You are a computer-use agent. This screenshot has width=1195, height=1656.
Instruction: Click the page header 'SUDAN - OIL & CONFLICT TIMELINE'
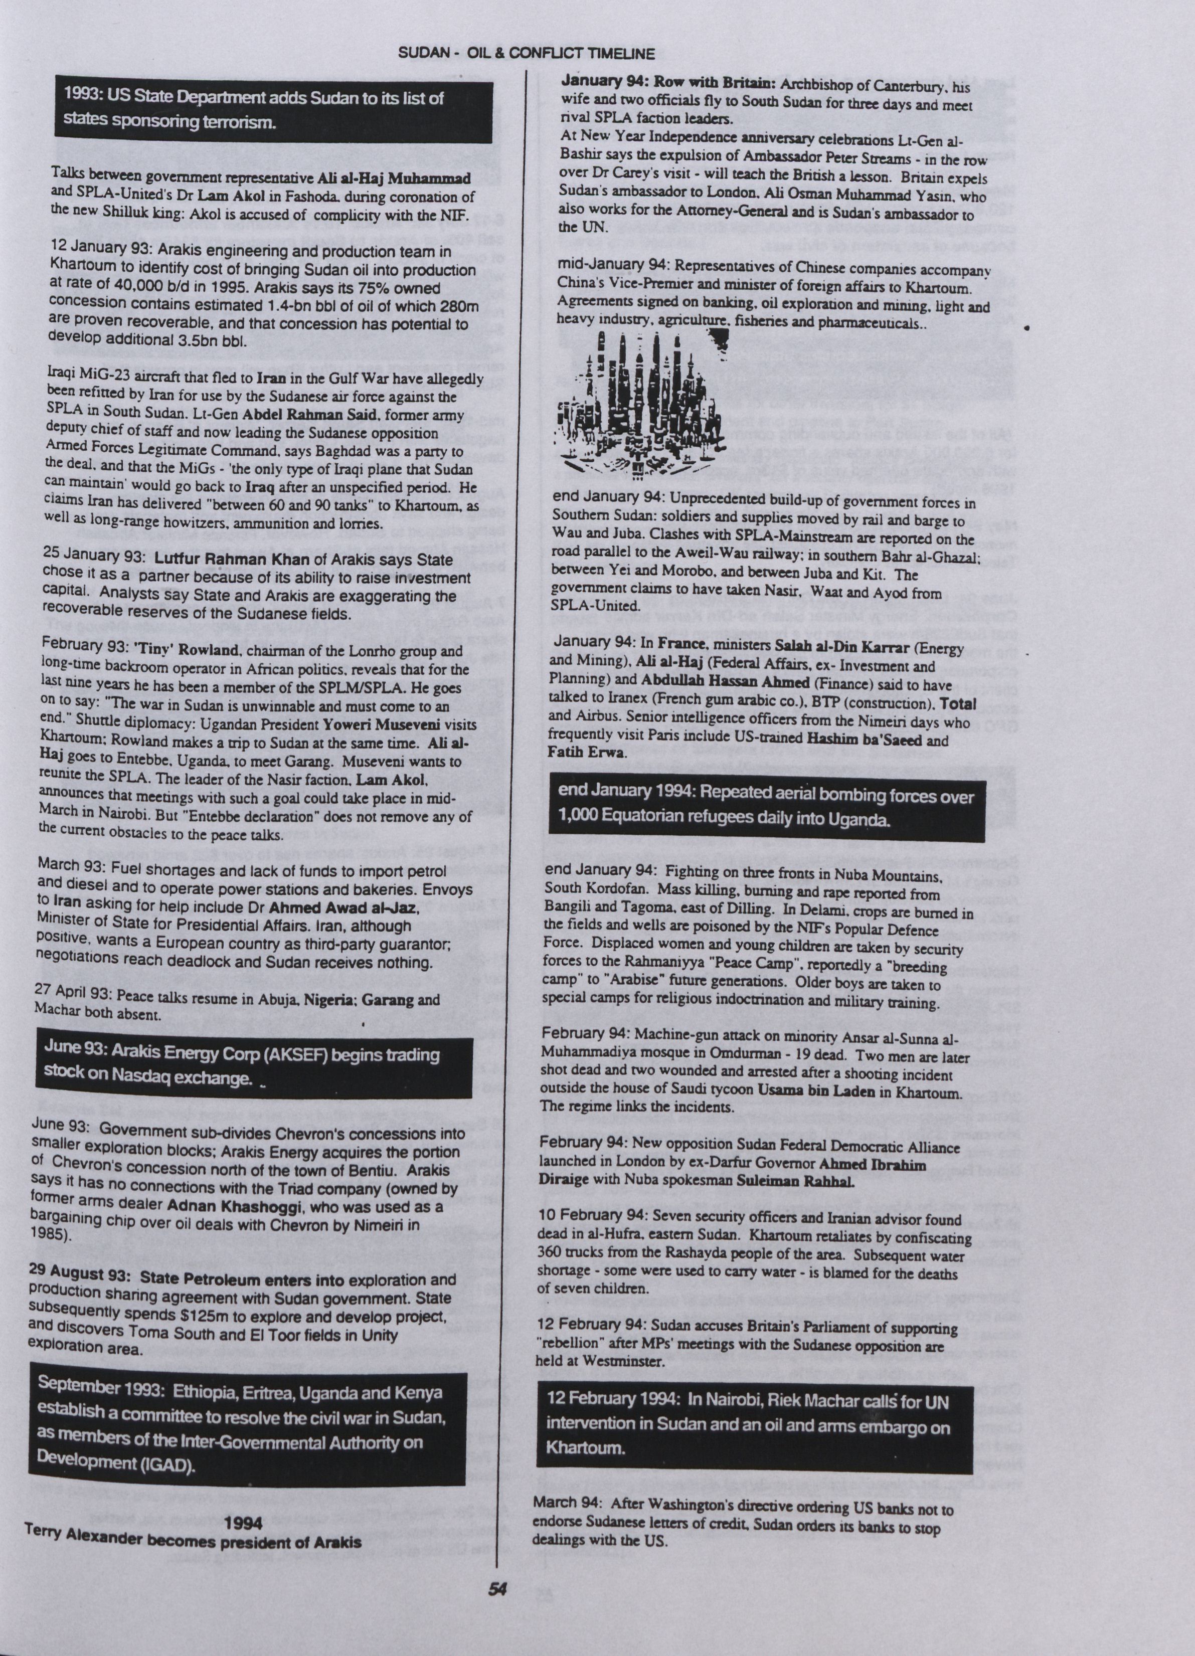[x=526, y=53]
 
